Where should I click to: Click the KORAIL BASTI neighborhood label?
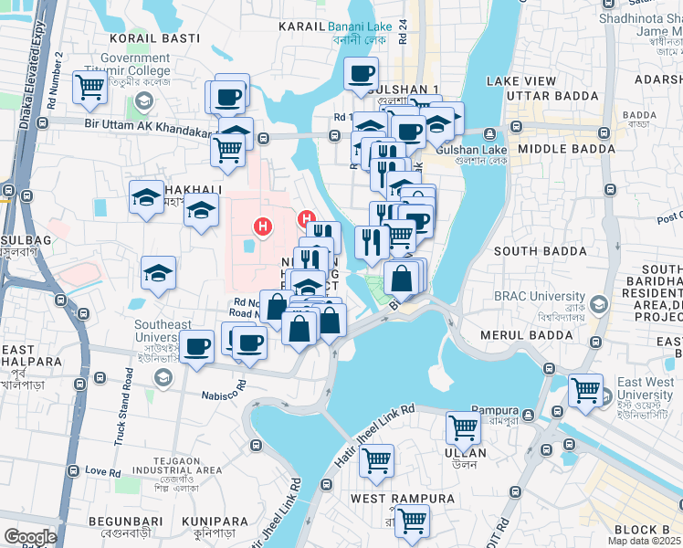pyautogui.click(x=149, y=38)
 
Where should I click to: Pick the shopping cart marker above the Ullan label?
pyautogui.click(x=464, y=426)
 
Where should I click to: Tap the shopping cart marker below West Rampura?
pyautogui.click(x=412, y=521)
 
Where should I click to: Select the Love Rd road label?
pyautogui.click(x=102, y=471)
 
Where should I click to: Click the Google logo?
pyautogui.click(x=30, y=536)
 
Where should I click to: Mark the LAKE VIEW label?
pyautogui.click(x=521, y=81)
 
